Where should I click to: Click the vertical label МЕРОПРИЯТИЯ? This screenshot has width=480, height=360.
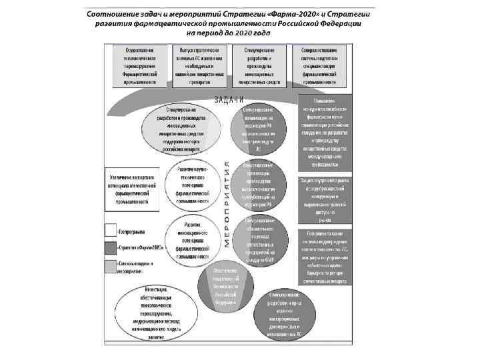[x=227, y=204]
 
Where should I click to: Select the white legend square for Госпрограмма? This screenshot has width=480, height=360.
[x=110, y=231]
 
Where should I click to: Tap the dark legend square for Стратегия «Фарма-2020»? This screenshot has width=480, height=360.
[x=110, y=247]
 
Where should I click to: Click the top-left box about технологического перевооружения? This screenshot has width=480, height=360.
[x=139, y=66]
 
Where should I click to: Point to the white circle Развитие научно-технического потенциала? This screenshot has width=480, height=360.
[x=195, y=184]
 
